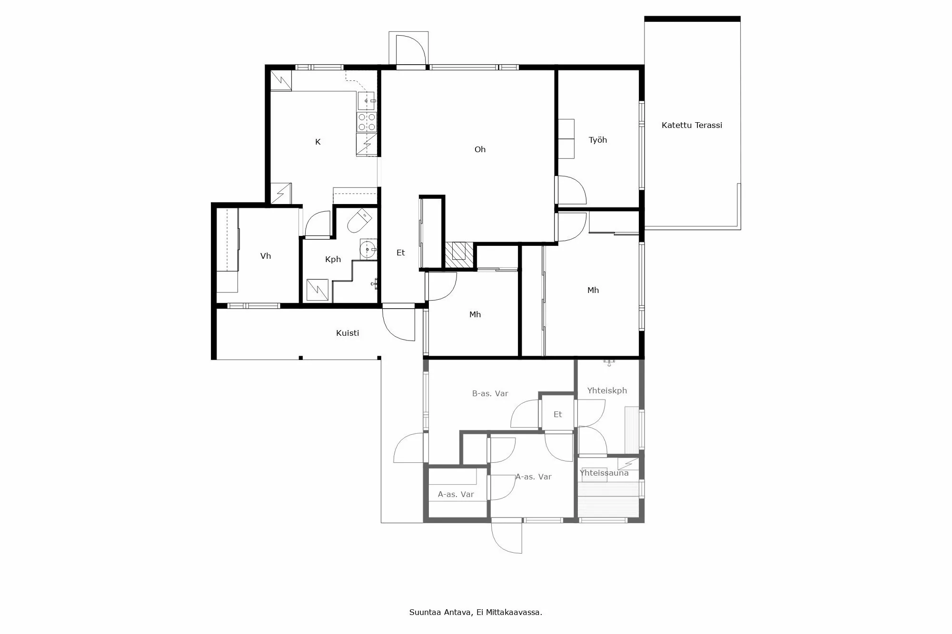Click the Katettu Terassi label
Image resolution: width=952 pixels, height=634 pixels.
(692, 125)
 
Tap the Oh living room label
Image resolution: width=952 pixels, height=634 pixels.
(480, 149)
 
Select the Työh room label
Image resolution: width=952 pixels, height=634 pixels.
(598, 140)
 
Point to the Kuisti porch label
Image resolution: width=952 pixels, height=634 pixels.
(347, 333)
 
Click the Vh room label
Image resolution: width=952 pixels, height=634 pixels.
(266, 256)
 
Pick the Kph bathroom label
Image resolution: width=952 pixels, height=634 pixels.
(333, 259)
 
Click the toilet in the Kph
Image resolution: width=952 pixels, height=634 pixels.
(359, 221)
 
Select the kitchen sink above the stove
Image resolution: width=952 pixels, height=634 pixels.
(367, 101)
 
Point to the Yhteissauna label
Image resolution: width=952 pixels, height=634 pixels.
(604, 473)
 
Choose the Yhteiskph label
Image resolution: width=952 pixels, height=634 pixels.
(607, 390)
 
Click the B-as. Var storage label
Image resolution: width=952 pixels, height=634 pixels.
(490, 393)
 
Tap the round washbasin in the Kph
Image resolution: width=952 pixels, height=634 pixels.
(367, 249)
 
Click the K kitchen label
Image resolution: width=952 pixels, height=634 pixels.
(318, 142)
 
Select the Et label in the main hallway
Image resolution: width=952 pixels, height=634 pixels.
(401, 253)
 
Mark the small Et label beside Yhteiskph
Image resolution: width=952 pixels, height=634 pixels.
(558, 414)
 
